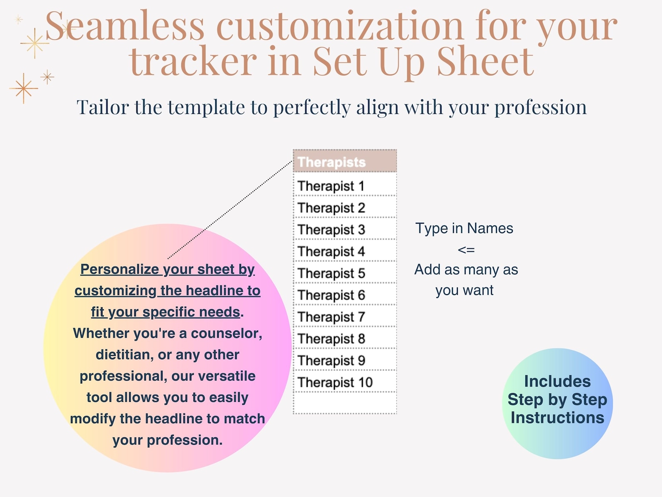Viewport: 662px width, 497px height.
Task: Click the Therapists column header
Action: (x=345, y=161)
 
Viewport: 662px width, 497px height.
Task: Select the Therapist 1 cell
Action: (x=345, y=184)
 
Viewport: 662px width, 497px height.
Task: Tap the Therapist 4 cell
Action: (x=345, y=250)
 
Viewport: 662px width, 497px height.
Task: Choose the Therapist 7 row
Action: (x=345, y=316)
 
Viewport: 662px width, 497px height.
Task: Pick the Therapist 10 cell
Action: (x=345, y=381)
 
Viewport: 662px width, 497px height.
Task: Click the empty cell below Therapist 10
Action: (x=345, y=403)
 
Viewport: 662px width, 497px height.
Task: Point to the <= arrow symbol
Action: (x=466, y=250)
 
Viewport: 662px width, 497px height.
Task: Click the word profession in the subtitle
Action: (x=541, y=107)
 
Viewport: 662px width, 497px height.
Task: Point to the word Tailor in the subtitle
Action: (x=103, y=107)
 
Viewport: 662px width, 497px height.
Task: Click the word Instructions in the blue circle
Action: (x=557, y=418)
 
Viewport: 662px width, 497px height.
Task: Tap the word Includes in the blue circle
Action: (x=557, y=381)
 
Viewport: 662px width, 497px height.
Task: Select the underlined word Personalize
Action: (x=120, y=269)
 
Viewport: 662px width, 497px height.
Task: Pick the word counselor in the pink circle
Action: (x=226, y=333)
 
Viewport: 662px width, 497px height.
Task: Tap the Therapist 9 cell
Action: (x=345, y=360)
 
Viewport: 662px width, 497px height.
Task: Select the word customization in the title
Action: (x=340, y=25)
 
